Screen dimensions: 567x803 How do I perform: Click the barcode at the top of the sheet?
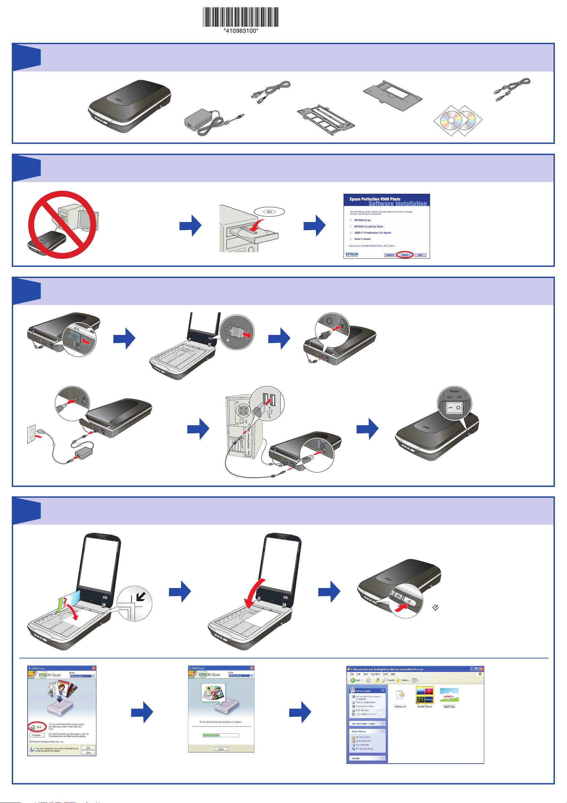tap(241, 17)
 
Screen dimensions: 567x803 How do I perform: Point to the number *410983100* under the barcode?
tap(241, 31)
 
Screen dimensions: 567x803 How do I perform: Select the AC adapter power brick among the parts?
tap(199, 119)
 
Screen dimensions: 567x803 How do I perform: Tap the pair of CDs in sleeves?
tap(458, 120)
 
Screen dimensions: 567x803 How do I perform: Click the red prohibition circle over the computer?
tap(62, 224)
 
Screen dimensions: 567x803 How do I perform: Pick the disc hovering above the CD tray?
tap(269, 212)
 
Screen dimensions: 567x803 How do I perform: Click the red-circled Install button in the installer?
tap(405, 255)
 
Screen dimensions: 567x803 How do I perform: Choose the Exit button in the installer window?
tap(420, 255)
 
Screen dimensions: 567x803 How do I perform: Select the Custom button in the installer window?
tap(390, 255)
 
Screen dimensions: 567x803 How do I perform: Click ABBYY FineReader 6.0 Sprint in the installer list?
tap(373, 233)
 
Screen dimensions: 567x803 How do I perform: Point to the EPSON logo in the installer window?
tap(352, 254)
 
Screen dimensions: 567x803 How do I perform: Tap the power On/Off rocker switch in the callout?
tap(455, 407)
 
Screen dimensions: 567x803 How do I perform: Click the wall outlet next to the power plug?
tap(31, 434)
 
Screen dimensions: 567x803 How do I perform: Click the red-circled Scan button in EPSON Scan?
tap(37, 727)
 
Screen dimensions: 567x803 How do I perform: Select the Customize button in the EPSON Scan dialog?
tap(37, 735)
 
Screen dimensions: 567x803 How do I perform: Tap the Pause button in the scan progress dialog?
tap(221, 749)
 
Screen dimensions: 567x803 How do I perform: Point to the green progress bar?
tap(211, 735)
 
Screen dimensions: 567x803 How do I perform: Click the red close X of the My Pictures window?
tap(481, 669)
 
